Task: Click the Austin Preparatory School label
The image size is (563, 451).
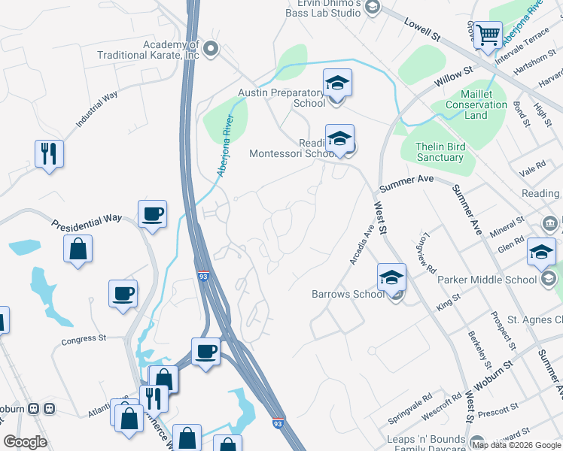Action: pos(281,98)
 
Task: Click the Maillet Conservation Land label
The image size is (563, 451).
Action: pos(476,104)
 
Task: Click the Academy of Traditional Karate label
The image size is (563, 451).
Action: pos(149,50)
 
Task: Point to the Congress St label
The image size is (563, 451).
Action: pos(85,339)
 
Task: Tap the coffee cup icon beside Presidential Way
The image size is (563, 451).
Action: pos(152,214)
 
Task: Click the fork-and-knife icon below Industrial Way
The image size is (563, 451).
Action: pos(49,153)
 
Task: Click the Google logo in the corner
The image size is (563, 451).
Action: pos(25,442)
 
